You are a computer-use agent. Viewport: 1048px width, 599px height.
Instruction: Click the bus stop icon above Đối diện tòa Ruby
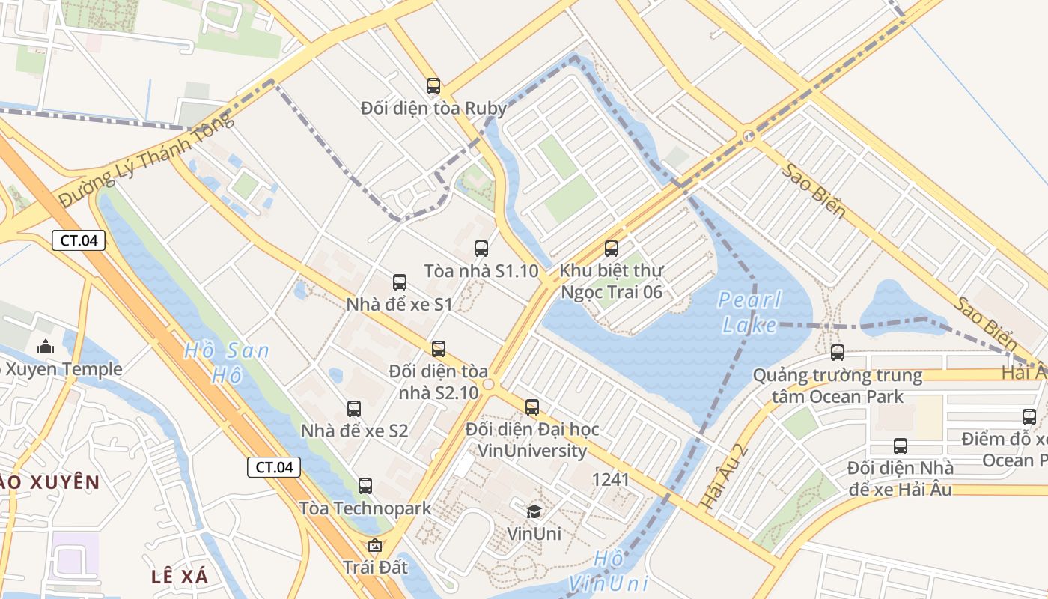coord(433,85)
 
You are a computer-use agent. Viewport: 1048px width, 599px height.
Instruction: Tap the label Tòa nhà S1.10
coord(481,270)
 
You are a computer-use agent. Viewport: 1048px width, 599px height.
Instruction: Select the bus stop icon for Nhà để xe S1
coord(400,282)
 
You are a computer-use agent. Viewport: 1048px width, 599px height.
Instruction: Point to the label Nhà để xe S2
coord(354,431)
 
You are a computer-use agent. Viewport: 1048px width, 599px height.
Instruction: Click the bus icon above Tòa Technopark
coord(365,485)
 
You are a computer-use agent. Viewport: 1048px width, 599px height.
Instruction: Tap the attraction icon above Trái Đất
coord(375,545)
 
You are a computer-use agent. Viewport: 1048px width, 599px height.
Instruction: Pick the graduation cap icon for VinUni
coord(534,511)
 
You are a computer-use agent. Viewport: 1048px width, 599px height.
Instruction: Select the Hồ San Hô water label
coord(226,362)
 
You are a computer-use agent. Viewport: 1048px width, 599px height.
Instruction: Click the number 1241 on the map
coord(610,479)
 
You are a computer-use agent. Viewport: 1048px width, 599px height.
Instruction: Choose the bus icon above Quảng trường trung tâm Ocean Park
coord(838,352)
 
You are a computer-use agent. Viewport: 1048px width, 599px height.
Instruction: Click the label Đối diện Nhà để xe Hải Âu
coord(900,478)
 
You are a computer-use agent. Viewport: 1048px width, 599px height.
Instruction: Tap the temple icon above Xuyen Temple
coord(46,347)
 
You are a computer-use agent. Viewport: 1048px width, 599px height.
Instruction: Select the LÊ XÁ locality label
coord(180,576)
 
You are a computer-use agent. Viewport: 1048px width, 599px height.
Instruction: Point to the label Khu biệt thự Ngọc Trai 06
coord(612,281)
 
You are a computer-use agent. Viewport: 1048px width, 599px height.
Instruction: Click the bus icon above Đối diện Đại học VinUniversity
coord(532,407)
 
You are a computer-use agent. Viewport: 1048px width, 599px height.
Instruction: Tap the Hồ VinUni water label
coord(607,571)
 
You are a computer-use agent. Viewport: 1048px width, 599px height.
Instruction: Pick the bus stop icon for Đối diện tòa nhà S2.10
coord(439,348)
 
